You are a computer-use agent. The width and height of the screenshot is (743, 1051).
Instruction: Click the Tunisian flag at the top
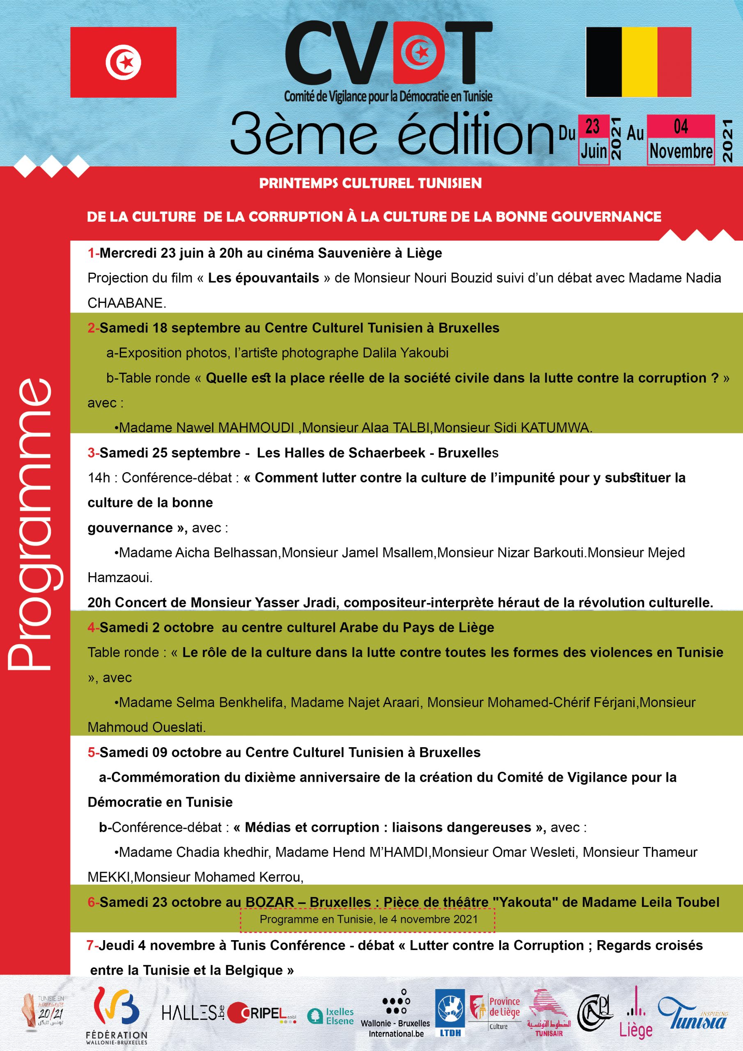(123, 62)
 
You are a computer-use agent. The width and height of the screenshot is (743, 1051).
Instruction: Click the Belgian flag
(639, 62)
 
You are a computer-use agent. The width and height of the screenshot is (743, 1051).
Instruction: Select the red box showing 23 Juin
(593, 139)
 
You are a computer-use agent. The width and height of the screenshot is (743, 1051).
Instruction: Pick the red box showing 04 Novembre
(681, 139)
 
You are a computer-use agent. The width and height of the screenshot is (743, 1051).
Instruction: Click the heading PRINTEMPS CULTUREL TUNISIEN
(370, 183)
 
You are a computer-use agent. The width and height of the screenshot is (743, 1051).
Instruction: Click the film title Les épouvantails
(263, 278)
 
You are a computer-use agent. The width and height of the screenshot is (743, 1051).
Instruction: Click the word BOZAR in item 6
(270, 902)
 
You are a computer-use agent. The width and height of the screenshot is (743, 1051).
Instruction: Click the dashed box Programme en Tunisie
(368, 919)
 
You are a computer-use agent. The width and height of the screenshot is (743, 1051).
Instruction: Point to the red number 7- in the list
(92, 945)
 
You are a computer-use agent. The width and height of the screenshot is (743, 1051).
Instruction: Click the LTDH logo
(449, 1014)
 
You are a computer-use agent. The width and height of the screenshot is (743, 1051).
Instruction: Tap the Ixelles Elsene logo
(330, 1016)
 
